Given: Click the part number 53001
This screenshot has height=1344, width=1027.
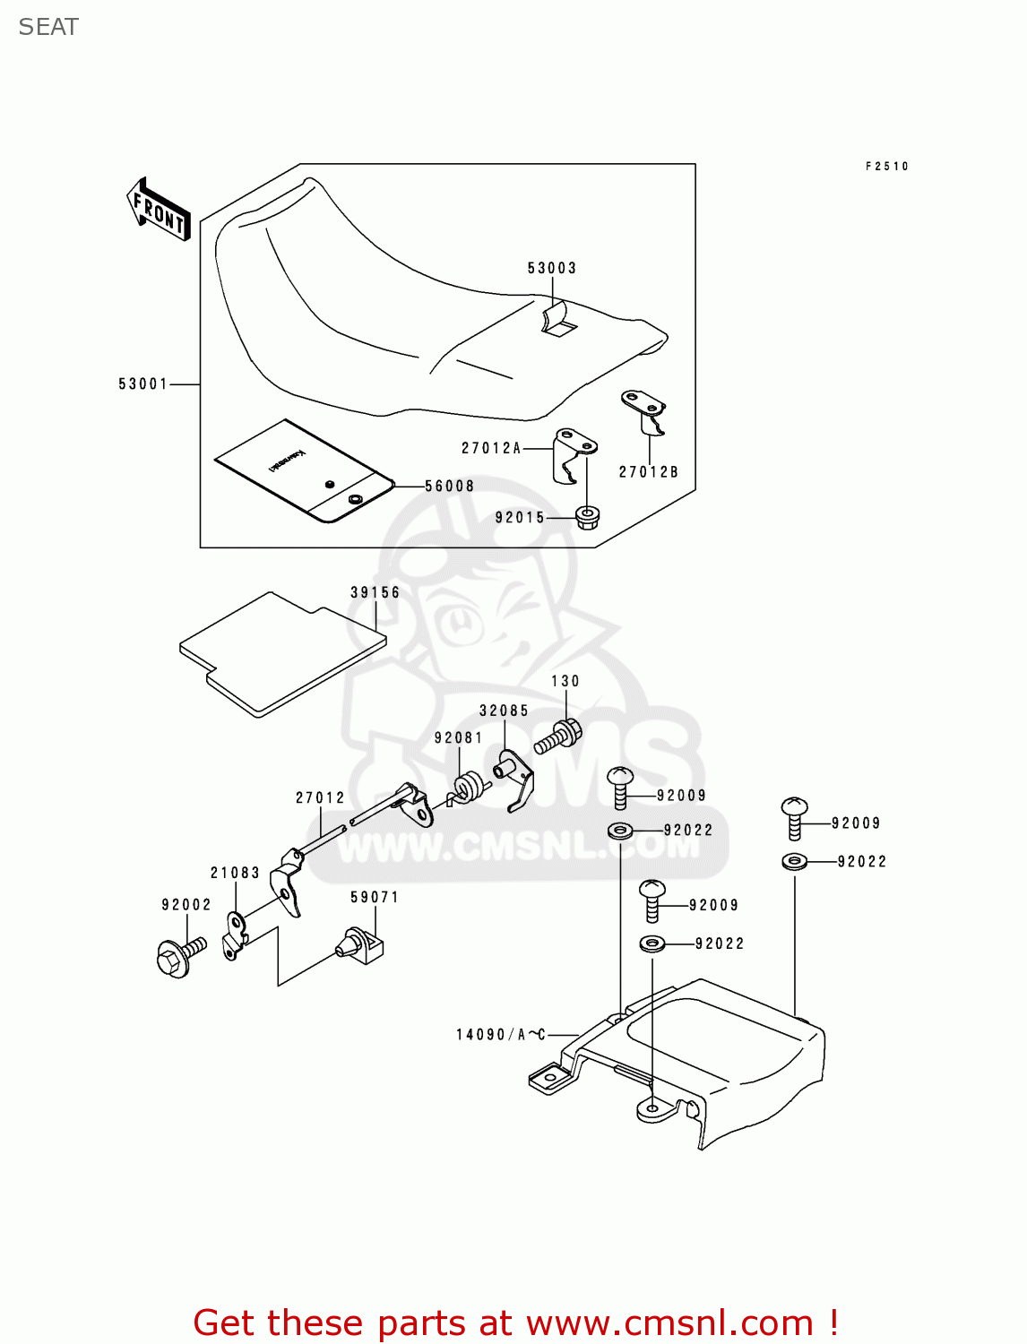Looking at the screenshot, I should [143, 384].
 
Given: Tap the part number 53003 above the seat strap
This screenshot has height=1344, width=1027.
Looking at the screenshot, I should [552, 268].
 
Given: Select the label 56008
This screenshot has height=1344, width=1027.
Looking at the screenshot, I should [450, 487].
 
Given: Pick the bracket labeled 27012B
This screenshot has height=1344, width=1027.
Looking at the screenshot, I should [645, 409].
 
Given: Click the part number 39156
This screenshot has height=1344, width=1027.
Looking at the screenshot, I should [375, 592].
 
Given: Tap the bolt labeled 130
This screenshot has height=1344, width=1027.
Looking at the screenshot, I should [559, 737].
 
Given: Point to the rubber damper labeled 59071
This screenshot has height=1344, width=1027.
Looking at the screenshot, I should [360, 944].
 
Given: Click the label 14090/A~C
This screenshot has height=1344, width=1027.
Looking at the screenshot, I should [501, 1035].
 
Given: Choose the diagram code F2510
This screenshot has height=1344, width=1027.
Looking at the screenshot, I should [887, 167].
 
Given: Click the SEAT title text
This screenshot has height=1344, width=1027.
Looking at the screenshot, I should [48, 28].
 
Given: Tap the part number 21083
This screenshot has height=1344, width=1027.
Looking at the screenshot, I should [235, 873].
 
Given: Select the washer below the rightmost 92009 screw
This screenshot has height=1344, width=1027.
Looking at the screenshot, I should [794, 862].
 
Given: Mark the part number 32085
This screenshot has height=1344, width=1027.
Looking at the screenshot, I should [504, 711].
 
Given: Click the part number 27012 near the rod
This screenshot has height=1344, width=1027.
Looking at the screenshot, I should [320, 797].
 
